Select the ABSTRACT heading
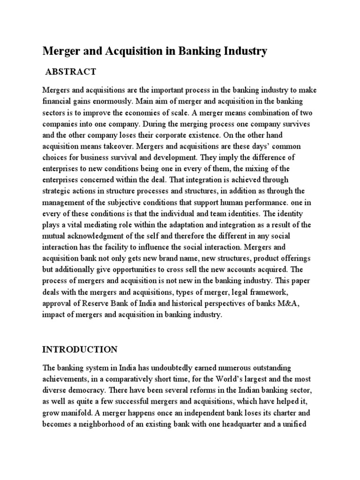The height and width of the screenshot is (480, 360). [x=70, y=72]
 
